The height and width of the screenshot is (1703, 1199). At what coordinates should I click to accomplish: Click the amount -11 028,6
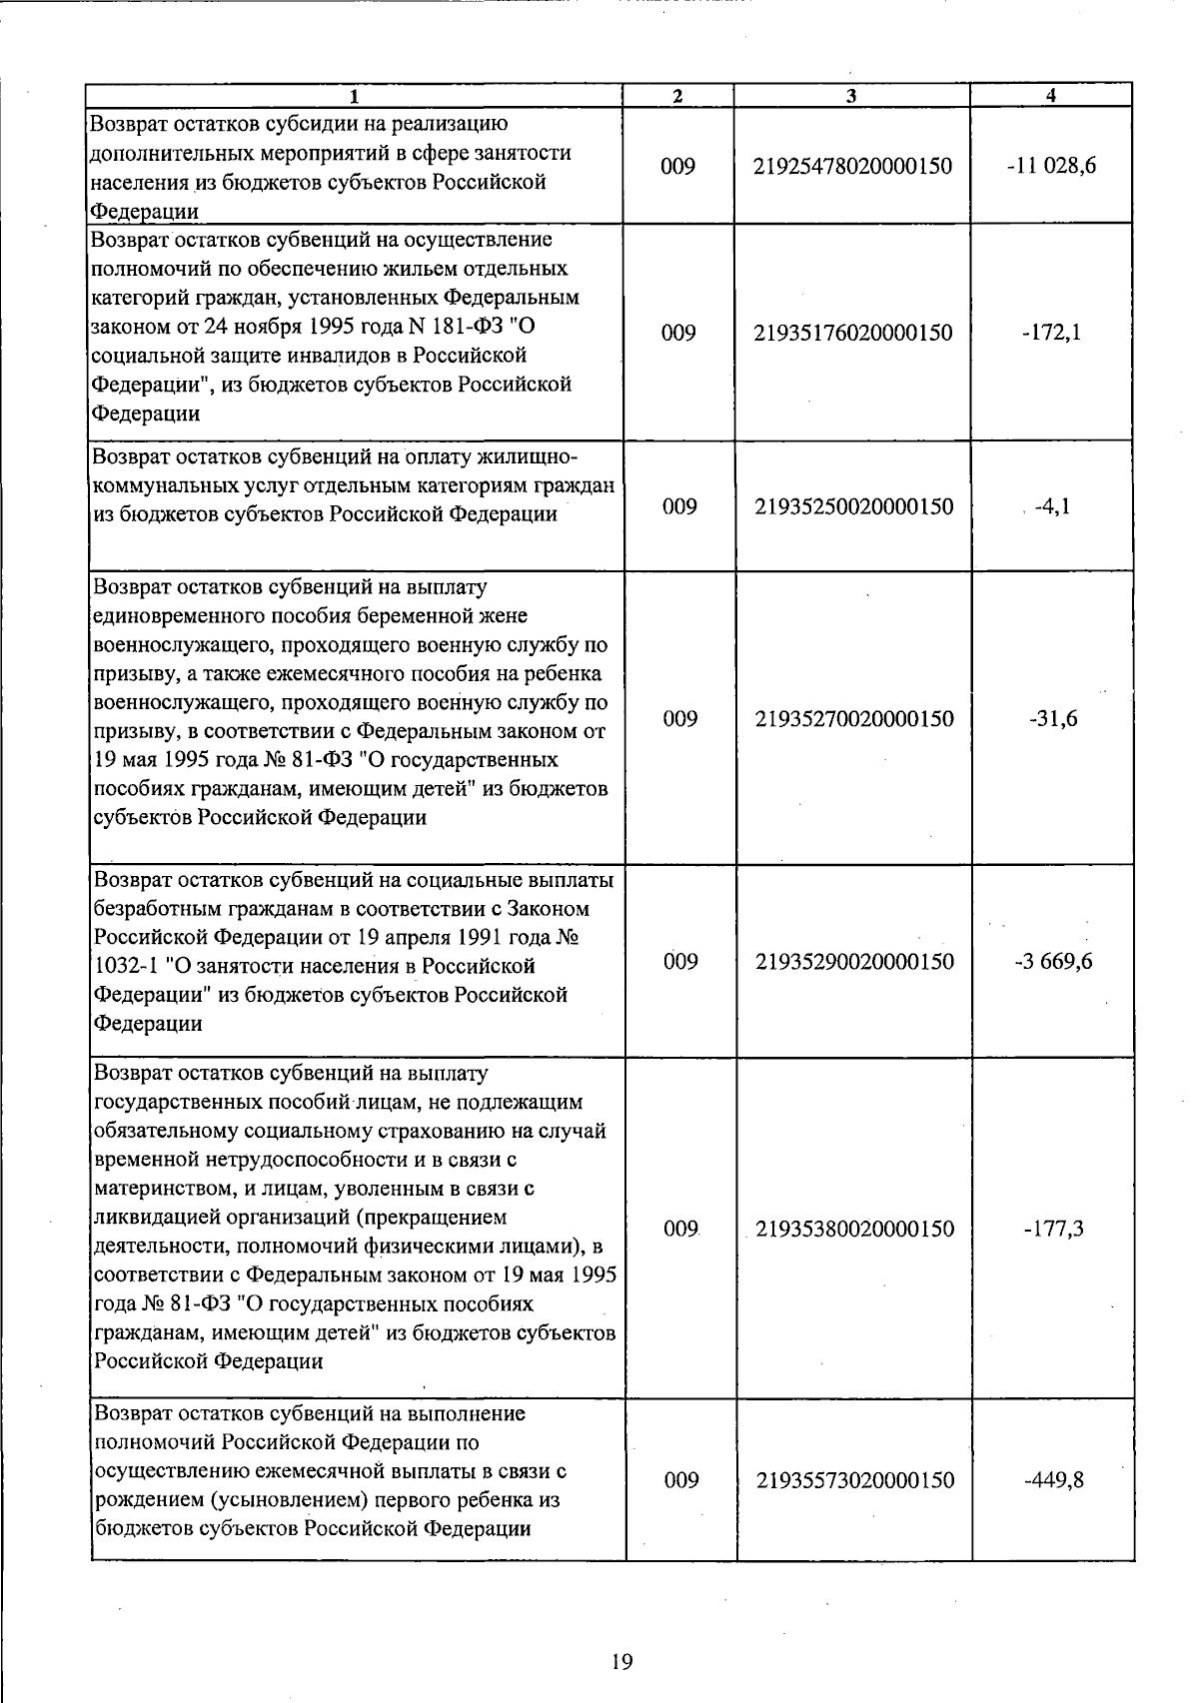coord(1051,166)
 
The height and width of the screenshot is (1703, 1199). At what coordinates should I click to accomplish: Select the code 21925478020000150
coord(853,166)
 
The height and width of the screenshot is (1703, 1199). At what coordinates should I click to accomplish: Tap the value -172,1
coord(1051,333)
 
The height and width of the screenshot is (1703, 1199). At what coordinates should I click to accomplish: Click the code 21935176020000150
coord(853,333)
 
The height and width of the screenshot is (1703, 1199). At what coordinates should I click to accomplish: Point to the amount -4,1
coord(1053,506)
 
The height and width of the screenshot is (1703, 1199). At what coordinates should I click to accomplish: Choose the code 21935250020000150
coord(853,506)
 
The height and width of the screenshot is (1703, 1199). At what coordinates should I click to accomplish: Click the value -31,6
coord(1053,719)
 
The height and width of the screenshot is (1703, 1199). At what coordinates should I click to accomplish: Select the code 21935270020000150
coord(854,719)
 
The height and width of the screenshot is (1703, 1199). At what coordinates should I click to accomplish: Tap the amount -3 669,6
coord(1053,962)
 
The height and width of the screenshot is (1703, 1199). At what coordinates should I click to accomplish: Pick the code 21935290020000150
coord(854,962)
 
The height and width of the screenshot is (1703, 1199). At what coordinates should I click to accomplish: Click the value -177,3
coord(1053,1229)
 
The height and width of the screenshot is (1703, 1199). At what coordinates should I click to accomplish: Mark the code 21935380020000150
coord(854,1229)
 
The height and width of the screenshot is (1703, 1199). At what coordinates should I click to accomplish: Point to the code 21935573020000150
coord(854,1480)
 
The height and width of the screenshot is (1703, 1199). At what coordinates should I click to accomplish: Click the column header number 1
coord(355,96)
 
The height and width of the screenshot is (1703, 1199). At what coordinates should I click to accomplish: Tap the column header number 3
coord(850,96)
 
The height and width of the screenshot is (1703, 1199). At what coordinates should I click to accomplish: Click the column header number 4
coord(1050,96)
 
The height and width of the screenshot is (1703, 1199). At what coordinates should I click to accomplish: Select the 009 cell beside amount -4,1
coord(679,506)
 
